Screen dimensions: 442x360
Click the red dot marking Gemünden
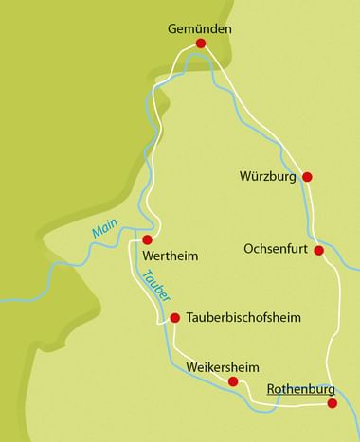[200, 44]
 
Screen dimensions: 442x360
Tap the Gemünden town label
[199, 28]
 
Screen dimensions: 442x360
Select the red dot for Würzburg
[306, 176]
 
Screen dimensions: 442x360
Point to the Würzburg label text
[270, 176]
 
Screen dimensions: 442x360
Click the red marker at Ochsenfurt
[319, 251]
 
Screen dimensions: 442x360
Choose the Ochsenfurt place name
[276, 251]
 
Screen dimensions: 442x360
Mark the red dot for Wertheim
[147, 239]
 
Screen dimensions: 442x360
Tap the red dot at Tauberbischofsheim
[174, 317]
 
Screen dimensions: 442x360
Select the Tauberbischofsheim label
[243, 317]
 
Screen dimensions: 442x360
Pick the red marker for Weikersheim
[233, 380]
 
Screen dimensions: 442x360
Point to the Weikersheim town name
[223, 365]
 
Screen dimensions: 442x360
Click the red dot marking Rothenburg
[332, 403]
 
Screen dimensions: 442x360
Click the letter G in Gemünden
[173, 28]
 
